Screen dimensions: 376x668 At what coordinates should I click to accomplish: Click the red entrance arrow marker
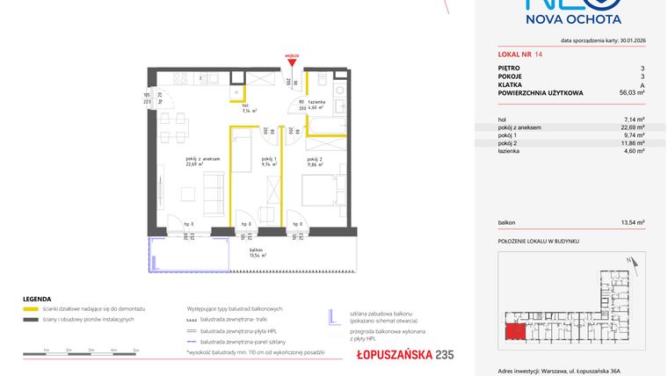pyautogui.click(x=293, y=61)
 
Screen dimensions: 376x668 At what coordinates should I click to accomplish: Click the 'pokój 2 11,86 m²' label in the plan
pyautogui.click(x=316, y=162)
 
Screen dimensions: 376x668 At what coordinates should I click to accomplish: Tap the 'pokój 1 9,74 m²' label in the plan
pyautogui.click(x=269, y=162)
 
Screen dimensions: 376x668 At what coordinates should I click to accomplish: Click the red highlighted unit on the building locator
pyautogui.click(x=514, y=332)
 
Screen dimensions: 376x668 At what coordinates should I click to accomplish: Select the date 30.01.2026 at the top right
pyautogui.click(x=626, y=40)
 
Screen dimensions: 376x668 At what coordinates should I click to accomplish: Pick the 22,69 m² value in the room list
pyautogui.click(x=634, y=127)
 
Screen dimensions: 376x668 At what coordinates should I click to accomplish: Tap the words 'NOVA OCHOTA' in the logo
pyautogui.click(x=574, y=18)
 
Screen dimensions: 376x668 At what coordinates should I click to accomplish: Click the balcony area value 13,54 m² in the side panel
pyautogui.click(x=634, y=223)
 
